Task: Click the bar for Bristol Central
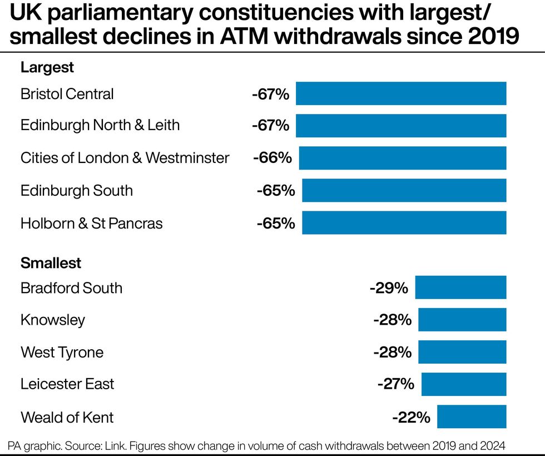click(401, 93)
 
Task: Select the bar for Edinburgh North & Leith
click(401, 126)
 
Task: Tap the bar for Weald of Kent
click(472, 417)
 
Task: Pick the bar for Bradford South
click(460, 288)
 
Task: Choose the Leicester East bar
click(464, 384)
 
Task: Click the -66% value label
click(272, 158)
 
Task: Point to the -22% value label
click(410, 417)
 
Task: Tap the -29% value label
click(389, 288)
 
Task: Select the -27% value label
click(395, 384)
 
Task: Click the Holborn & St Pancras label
click(92, 224)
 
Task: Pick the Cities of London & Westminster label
click(125, 158)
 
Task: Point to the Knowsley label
click(53, 320)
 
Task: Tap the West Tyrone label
click(62, 352)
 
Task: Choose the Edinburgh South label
click(77, 191)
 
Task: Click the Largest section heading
click(47, 68)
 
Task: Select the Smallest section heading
click(51, 262)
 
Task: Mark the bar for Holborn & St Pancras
click(404, 223)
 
